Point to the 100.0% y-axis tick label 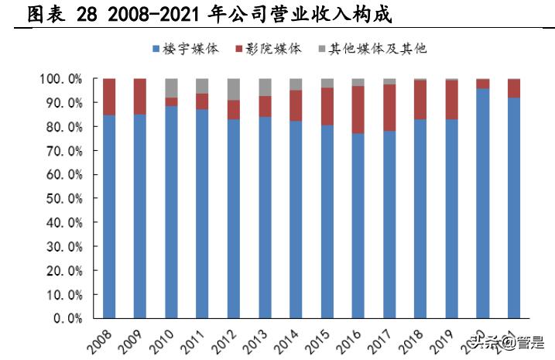click(x=60, y=79)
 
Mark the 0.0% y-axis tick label click(x=67, y=317)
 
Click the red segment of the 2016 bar click(x=358, y=109)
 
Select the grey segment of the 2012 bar click(x=233, y=89)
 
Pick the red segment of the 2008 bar click(x=109, y=97)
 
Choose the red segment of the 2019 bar click(x=451, y=99)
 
